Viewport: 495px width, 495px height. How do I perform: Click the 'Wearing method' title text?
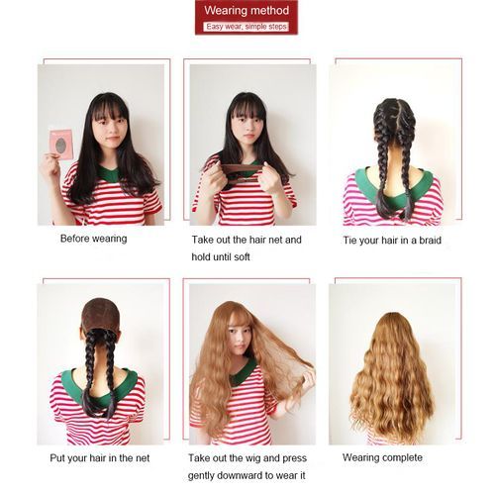tap(247, 10)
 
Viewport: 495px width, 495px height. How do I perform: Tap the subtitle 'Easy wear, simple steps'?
tap(247, 27)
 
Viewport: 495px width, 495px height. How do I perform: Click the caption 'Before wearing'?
tap(94, 239)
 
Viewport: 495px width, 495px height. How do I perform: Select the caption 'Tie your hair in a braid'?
tap(392, 241)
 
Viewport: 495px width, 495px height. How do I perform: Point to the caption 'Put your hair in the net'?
tap(100, 458)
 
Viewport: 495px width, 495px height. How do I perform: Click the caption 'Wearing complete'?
tap(382, 457)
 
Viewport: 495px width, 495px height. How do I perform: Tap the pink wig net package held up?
tap(61, 145)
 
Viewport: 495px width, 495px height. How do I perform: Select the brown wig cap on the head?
tap(100, 315)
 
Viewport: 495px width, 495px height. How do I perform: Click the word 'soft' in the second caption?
tap(242, 257)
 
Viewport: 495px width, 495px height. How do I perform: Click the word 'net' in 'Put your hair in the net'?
tap(142, 458)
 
